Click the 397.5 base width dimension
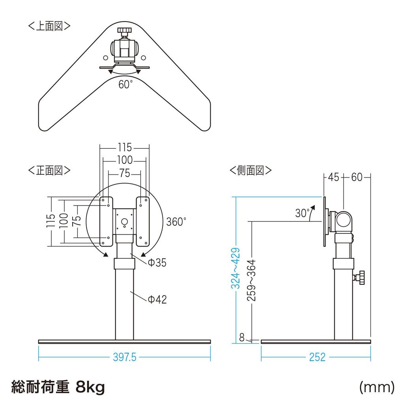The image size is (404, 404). click(x=124, y=357)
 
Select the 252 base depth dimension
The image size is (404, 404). click(x=317, y=357)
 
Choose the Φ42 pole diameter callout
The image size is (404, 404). click(x=157, y=300)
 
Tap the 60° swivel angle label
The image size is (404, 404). click(x=125, y=84)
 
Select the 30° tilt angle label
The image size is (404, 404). click(x=303, y=213)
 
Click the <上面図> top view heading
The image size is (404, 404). click(x=49, y=26)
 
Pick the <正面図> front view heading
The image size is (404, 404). click(x=49, y=170)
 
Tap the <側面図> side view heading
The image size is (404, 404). click(x=251, y=170)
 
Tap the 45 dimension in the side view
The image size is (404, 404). click(x=333, y=178)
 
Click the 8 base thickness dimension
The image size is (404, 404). click(x=242, y=337)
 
